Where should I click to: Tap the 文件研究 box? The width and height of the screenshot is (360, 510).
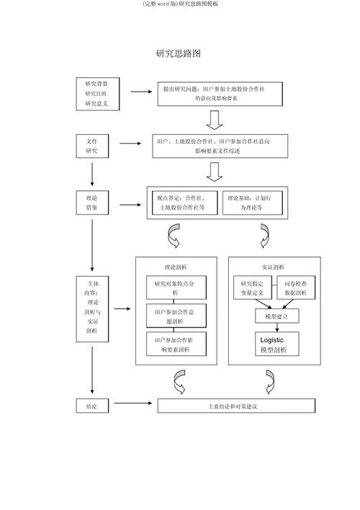pyautogui.click(x=92, y=146)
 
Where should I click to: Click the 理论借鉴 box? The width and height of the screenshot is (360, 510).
pyautogui.click(x=92, y=202)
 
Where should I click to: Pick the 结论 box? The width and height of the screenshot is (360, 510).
pyautogui.click(x=92, y=406)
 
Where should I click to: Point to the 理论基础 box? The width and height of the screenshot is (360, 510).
pyautogui.click(x=252, y=202)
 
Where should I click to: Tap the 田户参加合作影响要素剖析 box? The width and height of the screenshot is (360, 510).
pyautogui.click(x=176, y=344)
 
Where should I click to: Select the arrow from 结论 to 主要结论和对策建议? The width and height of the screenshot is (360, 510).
pyautogui.click(x=133, y=406)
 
